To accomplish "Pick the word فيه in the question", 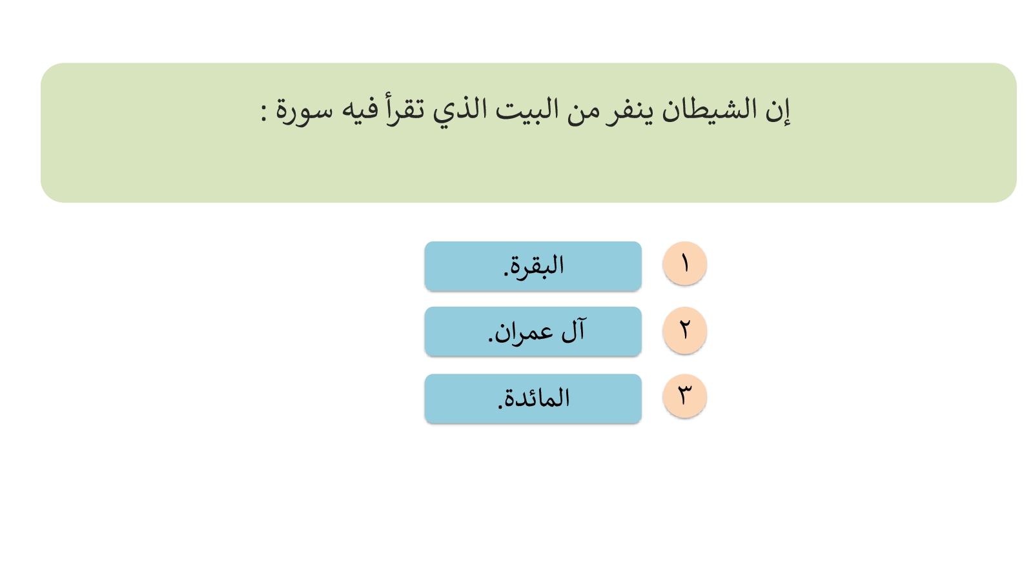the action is point(358,110).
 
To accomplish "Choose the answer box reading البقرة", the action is point(533,266).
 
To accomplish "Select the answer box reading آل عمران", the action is point(533,332).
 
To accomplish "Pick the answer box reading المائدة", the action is point(533,399).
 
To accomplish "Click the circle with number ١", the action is point(685,264).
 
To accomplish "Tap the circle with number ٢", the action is point(685,330).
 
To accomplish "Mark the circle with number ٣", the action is point(685,396).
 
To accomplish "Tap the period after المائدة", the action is point(500,407).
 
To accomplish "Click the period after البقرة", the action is point(506,274).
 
